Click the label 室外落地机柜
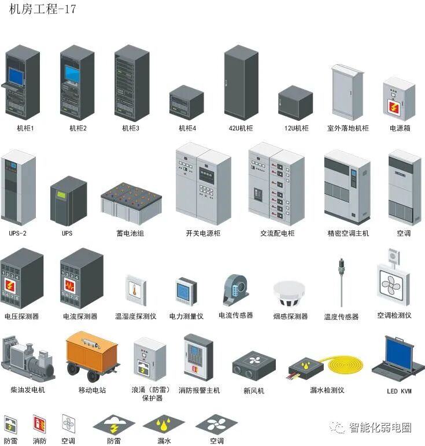[x=348, y=128]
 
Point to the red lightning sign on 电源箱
[x=399, y=106]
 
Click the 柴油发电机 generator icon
[x=27, y=359]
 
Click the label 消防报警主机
[x=199, y=391]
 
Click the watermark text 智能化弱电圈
[x=380, y=428]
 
